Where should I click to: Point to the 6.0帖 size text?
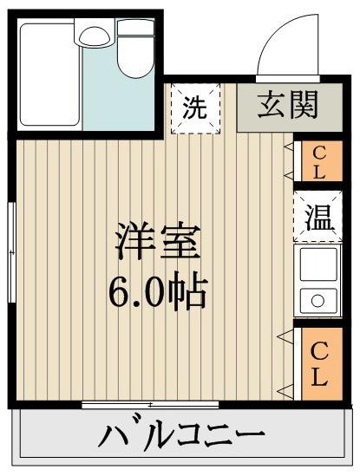pos(157,292)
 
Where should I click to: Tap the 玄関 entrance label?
pos(287,107)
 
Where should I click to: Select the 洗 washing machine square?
pos(194,108)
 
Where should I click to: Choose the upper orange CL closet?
pos(317,161)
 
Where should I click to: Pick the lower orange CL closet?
pos(318,365)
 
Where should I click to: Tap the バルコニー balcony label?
pos(183,434)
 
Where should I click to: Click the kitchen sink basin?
pos(317,264)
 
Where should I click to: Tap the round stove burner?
pos(317,301)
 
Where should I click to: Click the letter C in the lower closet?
pos(318,353)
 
